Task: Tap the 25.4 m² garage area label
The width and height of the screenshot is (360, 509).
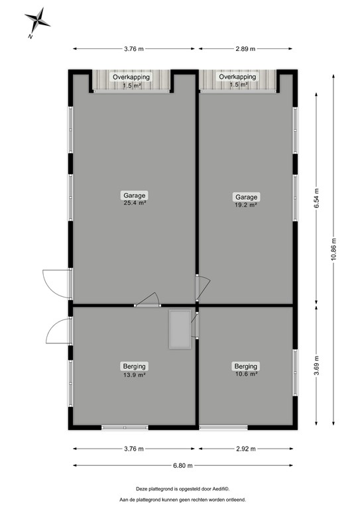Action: [x=134, y=199]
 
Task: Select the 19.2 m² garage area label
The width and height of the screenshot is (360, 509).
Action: [x=246, y=201]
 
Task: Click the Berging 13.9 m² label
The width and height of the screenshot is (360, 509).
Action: [x=134, y=370]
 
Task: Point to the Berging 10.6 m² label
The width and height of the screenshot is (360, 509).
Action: [x=246, y=370]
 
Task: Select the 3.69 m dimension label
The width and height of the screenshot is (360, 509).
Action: [x=316, y=367]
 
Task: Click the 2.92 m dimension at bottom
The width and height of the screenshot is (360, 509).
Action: [x=246, y=449]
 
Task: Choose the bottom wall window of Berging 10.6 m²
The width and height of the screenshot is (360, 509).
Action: [x=219, y=428]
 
